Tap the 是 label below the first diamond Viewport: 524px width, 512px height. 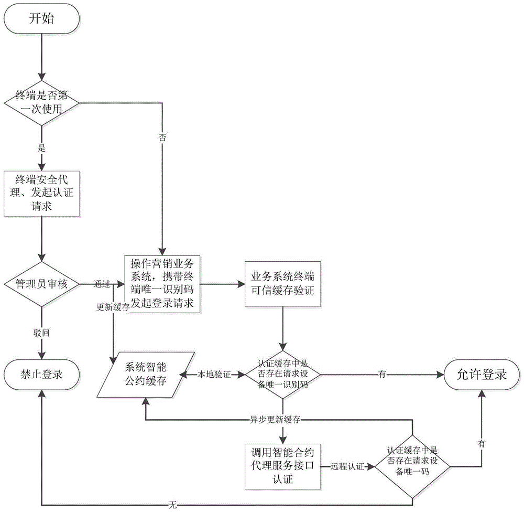pos(41,148)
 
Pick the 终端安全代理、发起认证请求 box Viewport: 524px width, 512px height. pos(41,193)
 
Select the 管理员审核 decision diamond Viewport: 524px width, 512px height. pos(41,284)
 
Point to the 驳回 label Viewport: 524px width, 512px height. pos(41,333)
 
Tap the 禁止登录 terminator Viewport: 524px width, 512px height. pos(41,375)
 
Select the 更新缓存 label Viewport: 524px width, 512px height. pos(112,307)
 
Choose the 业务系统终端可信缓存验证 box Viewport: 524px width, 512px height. pos(283,284)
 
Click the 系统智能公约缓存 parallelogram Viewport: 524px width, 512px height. pos(147,375)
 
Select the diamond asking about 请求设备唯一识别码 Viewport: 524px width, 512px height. pos(283,375)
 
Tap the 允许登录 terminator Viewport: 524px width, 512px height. pos(482,375)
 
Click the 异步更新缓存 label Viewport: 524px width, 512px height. pos(283,420)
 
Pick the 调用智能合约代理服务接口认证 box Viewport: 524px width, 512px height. pos(283,465)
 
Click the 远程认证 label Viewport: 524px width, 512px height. pos(347,465)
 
